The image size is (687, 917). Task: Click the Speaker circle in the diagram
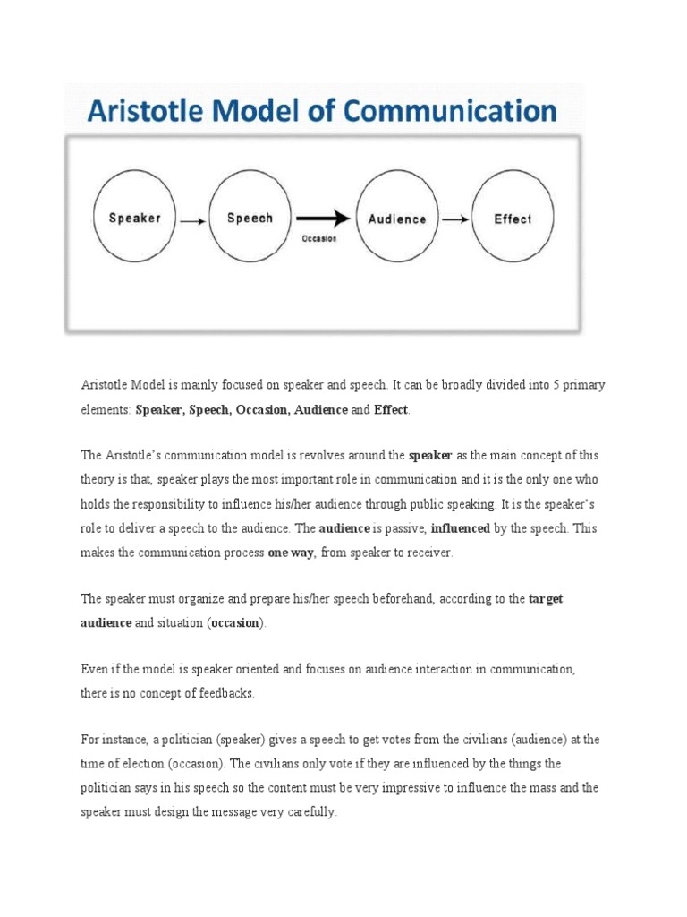click(134, 219)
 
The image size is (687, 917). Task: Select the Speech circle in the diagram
click(250, 219)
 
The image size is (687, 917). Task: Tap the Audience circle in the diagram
click(397, 219)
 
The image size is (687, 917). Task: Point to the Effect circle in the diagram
click(513, 219)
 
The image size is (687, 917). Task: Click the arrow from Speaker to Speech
click(191, 219)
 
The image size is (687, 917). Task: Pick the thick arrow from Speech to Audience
click(322, 219)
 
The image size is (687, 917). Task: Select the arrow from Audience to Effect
click(454, 219)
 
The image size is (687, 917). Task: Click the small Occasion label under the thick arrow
click(319, 239)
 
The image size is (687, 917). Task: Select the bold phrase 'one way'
click(291, 553)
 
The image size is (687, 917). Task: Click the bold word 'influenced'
click(460, 528)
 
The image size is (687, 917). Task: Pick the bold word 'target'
click(546, 599)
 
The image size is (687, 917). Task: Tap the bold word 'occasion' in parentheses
click(235, 622)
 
